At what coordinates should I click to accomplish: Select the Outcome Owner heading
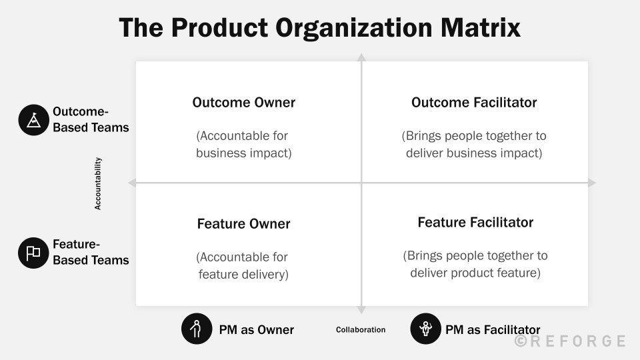243,103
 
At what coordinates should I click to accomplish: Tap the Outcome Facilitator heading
474,103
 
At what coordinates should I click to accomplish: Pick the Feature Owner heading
243,224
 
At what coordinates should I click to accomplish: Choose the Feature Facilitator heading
475,223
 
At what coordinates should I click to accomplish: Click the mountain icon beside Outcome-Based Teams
34,120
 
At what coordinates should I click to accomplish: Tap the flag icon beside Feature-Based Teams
34,253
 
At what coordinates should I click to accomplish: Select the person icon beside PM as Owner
197,329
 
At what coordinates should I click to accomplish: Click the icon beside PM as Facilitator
426,329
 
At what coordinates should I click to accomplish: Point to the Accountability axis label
98,183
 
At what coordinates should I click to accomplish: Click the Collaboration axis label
361,330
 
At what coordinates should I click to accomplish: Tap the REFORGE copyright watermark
570,341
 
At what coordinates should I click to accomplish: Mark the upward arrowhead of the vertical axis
361,58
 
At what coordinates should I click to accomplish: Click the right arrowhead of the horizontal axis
591,183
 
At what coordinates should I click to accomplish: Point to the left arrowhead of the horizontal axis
132,183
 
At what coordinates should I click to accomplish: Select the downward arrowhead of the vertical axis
361,309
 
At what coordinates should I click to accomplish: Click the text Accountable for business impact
243,145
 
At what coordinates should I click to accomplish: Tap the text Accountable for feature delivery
243,265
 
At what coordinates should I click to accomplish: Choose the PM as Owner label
256,329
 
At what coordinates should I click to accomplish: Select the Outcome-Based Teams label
91,119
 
